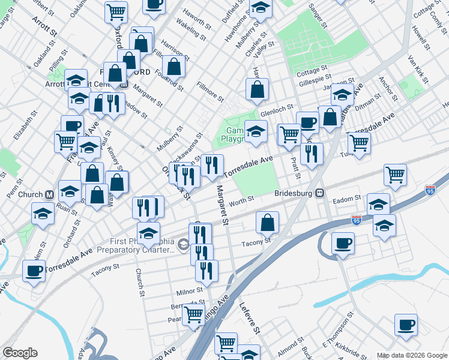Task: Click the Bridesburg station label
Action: pos(294,194)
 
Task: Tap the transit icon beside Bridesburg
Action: pos(321,194)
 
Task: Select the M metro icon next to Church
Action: pos(49,194)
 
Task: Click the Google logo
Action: pos(20,353)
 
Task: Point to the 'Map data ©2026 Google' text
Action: pos(412,355)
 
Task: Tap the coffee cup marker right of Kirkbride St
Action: pos(406,325)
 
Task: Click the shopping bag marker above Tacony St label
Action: pos(268,223)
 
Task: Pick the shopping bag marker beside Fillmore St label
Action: pos(257,90)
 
